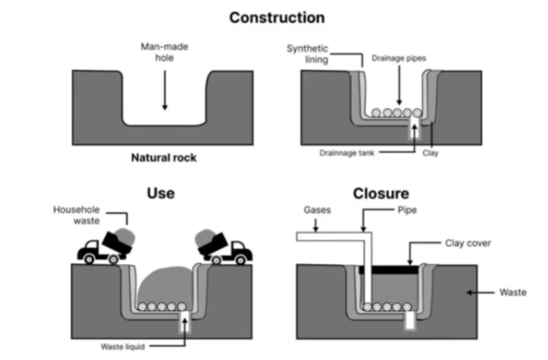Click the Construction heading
[x=277, y=18]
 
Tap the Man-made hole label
[x=165, y=52]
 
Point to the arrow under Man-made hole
[x=165, y=90]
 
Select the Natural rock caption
[x=164, y=157]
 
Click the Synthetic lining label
[x=307, y=54]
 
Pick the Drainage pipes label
[x=399, y=58]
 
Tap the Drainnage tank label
[x=346, y=153]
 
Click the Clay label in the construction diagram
[x=430, y=153]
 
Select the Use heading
[x=161, y=193]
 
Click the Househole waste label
[x=76, y=215]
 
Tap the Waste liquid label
[x=123, y=346]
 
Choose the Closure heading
[x=381, y=194]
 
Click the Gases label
[x=317, y=210]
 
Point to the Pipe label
[x=407, y=210]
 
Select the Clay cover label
[x=468, y=243]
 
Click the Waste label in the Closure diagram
[x=513, y=292]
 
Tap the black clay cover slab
[x=389, y=270]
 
